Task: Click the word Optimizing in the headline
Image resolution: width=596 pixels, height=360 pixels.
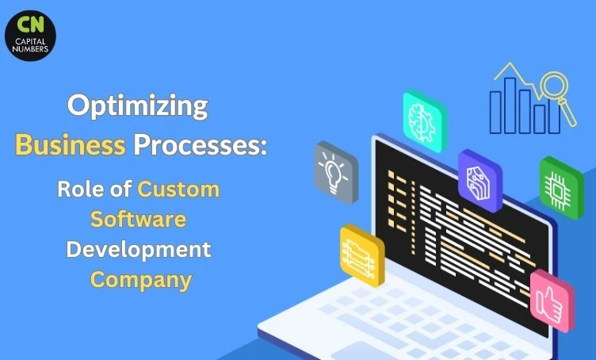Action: click(137, 106)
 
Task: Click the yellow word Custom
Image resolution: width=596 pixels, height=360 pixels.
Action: click(178, 190)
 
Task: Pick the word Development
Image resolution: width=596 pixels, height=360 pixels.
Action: click(138, 250)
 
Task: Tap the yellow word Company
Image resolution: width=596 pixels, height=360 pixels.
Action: click(140, 279)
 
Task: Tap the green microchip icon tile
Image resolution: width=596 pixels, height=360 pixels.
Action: click(561, 184)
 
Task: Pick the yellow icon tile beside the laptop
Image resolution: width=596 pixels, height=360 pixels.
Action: click(361, 253)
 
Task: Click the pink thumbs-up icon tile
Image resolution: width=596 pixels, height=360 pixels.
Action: click(552, 299)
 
